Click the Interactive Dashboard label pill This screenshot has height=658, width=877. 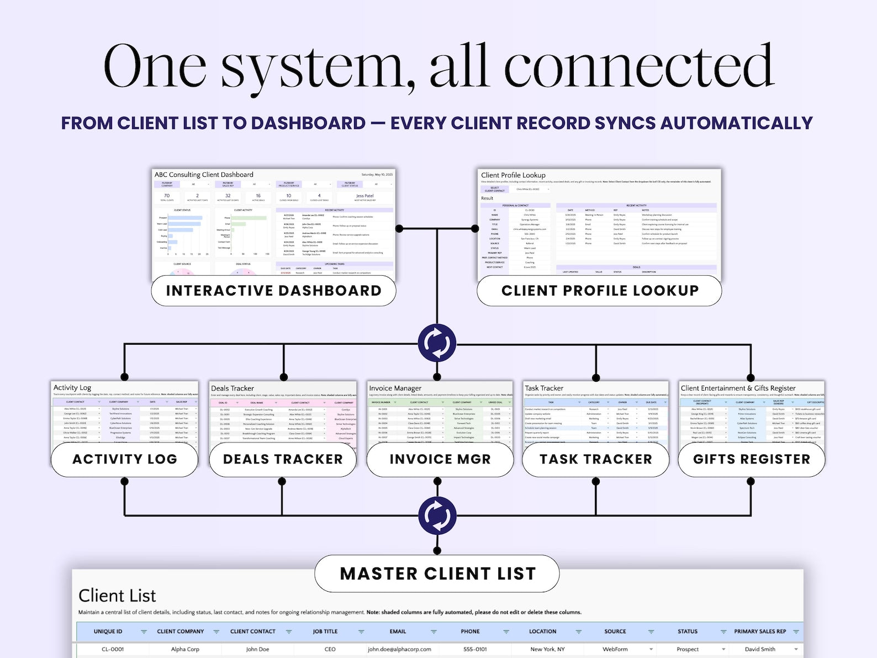pos(273,291)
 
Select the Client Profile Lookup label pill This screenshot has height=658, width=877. pos(600,291)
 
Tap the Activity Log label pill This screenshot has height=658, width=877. pos(125,459)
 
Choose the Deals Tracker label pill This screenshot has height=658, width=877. pos(283,459)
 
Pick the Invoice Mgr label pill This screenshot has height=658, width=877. pos(440,459)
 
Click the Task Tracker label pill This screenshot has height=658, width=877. pos(595,459)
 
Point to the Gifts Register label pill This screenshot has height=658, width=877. pos(751,459)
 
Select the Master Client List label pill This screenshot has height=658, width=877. pos(437,573)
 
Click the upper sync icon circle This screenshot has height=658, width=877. pos(437,343)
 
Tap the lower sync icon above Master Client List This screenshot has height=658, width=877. pos(437,515)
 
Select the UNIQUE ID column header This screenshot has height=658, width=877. pos(108,631)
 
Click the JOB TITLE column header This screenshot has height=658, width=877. pos(325,631)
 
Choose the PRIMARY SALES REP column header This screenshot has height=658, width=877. pos(759,631)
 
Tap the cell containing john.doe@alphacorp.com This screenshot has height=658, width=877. pos(399,649)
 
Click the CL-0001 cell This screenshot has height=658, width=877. pos(113,649)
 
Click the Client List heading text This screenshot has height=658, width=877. pos(117,596)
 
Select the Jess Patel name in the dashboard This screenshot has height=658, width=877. pos(364,196)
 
